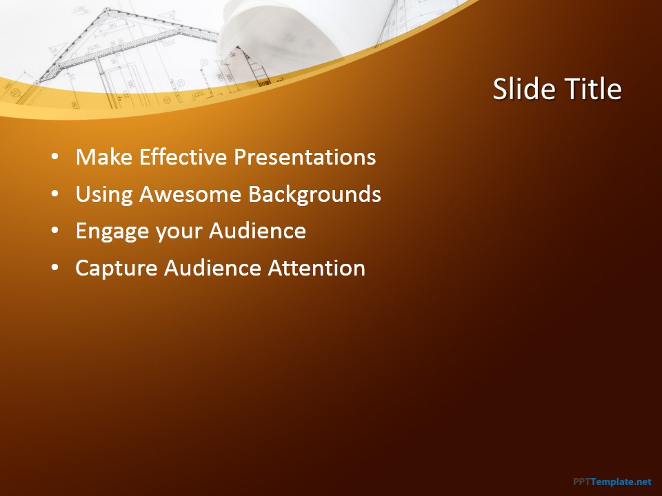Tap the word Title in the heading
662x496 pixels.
593,89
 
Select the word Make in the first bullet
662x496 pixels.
104,157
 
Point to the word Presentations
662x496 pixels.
305,157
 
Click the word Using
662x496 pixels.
104,194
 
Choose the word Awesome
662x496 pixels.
190,194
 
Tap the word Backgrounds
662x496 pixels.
314,194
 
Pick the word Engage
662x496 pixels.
112,231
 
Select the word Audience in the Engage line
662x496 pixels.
257,231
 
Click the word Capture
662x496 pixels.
116,269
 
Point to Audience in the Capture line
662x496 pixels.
212,268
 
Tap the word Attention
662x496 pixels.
317,268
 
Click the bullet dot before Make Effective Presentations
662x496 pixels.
55,157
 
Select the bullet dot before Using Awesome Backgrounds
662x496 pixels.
55,194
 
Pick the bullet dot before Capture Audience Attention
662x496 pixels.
55,268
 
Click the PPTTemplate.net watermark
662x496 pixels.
612,482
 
